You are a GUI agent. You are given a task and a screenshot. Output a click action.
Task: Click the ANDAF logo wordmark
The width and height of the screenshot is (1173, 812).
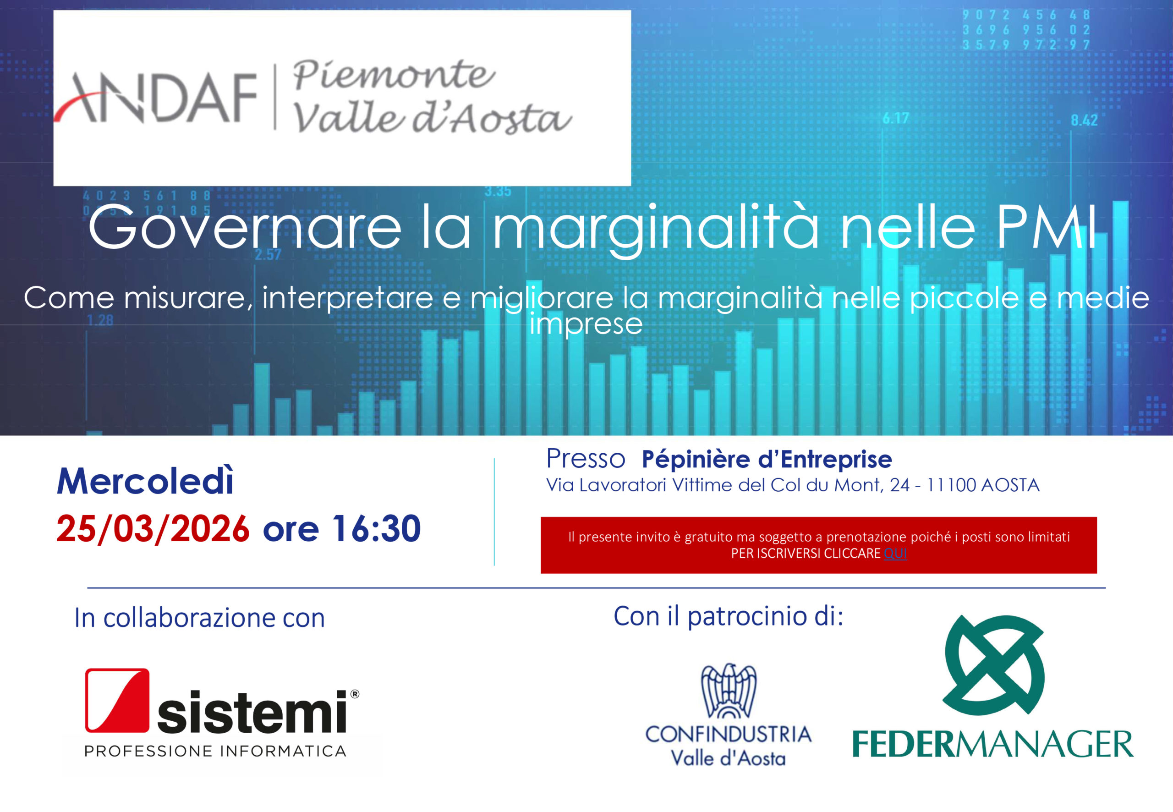(155, 98)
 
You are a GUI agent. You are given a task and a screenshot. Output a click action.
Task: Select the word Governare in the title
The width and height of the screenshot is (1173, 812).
(245, 227)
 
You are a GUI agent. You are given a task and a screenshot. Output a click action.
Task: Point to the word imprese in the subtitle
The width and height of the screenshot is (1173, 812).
(586, 324)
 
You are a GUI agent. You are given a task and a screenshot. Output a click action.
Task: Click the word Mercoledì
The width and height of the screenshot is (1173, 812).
(145, 481)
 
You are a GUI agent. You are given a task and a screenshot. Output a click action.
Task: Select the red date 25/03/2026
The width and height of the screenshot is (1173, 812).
(153, 529)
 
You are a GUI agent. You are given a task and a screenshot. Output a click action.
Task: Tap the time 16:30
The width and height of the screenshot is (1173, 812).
(377, 529)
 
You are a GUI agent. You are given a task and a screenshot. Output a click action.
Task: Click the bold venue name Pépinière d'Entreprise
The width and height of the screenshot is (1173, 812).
(767, 460)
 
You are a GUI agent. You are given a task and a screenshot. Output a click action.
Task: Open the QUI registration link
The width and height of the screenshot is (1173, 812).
(895, 554)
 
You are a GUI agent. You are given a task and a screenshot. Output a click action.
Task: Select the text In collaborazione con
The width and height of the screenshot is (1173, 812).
(199, 618)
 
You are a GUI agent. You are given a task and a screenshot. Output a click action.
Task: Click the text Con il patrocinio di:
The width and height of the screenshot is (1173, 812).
(729, 617)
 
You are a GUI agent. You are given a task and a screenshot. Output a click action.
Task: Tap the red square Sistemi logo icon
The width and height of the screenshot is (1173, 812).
(117, 700)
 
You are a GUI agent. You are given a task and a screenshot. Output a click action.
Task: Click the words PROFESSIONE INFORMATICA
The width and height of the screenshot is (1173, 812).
(215, 752)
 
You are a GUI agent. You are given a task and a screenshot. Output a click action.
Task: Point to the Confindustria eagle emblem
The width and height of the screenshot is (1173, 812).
(729, 691)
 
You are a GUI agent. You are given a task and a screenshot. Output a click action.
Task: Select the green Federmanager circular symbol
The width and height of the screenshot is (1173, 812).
(994, 664)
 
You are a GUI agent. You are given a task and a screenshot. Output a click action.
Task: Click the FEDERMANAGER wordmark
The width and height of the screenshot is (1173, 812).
(992, 744)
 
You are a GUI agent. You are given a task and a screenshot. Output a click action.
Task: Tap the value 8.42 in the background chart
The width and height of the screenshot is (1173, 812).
(1084, 121)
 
